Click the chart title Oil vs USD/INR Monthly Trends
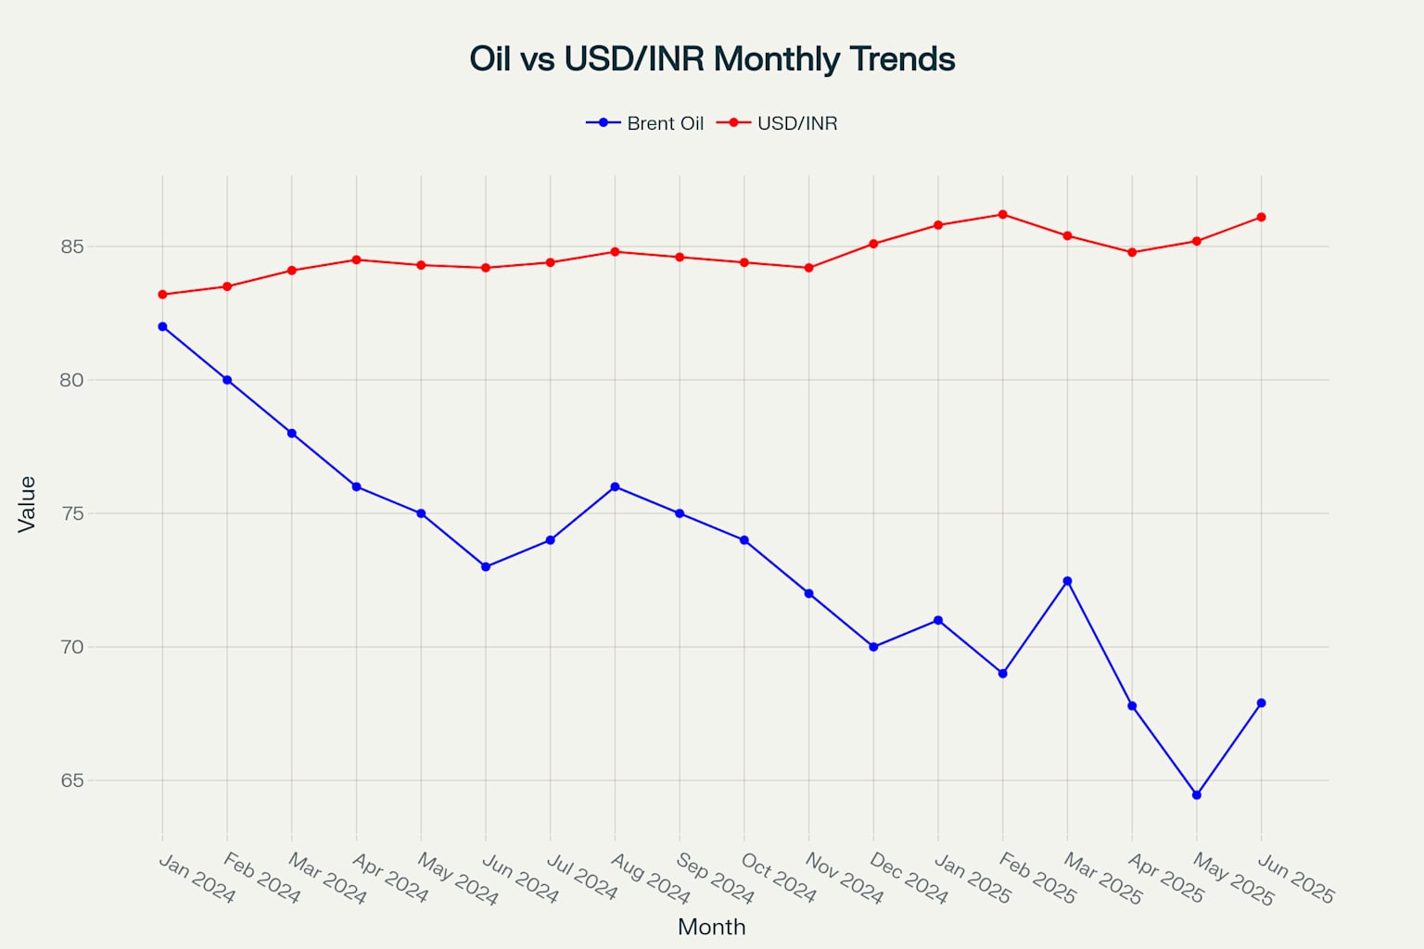coord(712,59)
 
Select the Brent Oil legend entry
coord(646,123)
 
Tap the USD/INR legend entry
coord(778,123)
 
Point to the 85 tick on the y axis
coord(72,247)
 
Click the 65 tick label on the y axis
coord(72,780)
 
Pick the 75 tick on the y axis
coord(72,513)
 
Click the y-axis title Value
coord(27,504)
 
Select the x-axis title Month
coord(711,927)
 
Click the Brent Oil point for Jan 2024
coord(162,326)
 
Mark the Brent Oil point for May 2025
coord(1197,795)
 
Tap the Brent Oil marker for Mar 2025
coord(1067,581)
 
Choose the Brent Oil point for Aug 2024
coord(615,487)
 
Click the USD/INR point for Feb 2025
coord(1002,215)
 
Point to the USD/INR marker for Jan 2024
coord(162,295)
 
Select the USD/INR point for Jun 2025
coord(1261,218)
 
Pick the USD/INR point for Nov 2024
coord(808,268)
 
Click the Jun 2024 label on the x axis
coord(519,879)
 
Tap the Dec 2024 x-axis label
coord(908,879)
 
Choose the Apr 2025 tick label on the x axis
coord(1164,879)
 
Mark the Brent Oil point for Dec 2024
coord(873,647)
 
